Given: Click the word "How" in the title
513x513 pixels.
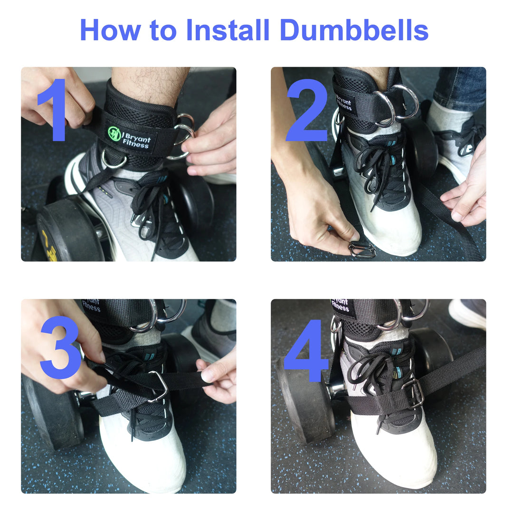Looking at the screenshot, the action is tap(110, 30).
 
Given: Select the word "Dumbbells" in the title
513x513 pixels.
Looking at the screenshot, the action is tap(354, 30).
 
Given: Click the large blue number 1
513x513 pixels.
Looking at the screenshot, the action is tap(54, 110).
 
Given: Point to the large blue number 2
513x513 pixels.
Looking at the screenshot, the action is tap(307, 110).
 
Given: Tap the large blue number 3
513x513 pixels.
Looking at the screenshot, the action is tap(60, 347).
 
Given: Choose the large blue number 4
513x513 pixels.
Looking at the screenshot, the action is tap(306, 351).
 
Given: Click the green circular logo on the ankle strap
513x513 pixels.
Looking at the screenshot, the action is tap(114, 133).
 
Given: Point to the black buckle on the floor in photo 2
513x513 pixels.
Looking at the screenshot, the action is tap(361, 249).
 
